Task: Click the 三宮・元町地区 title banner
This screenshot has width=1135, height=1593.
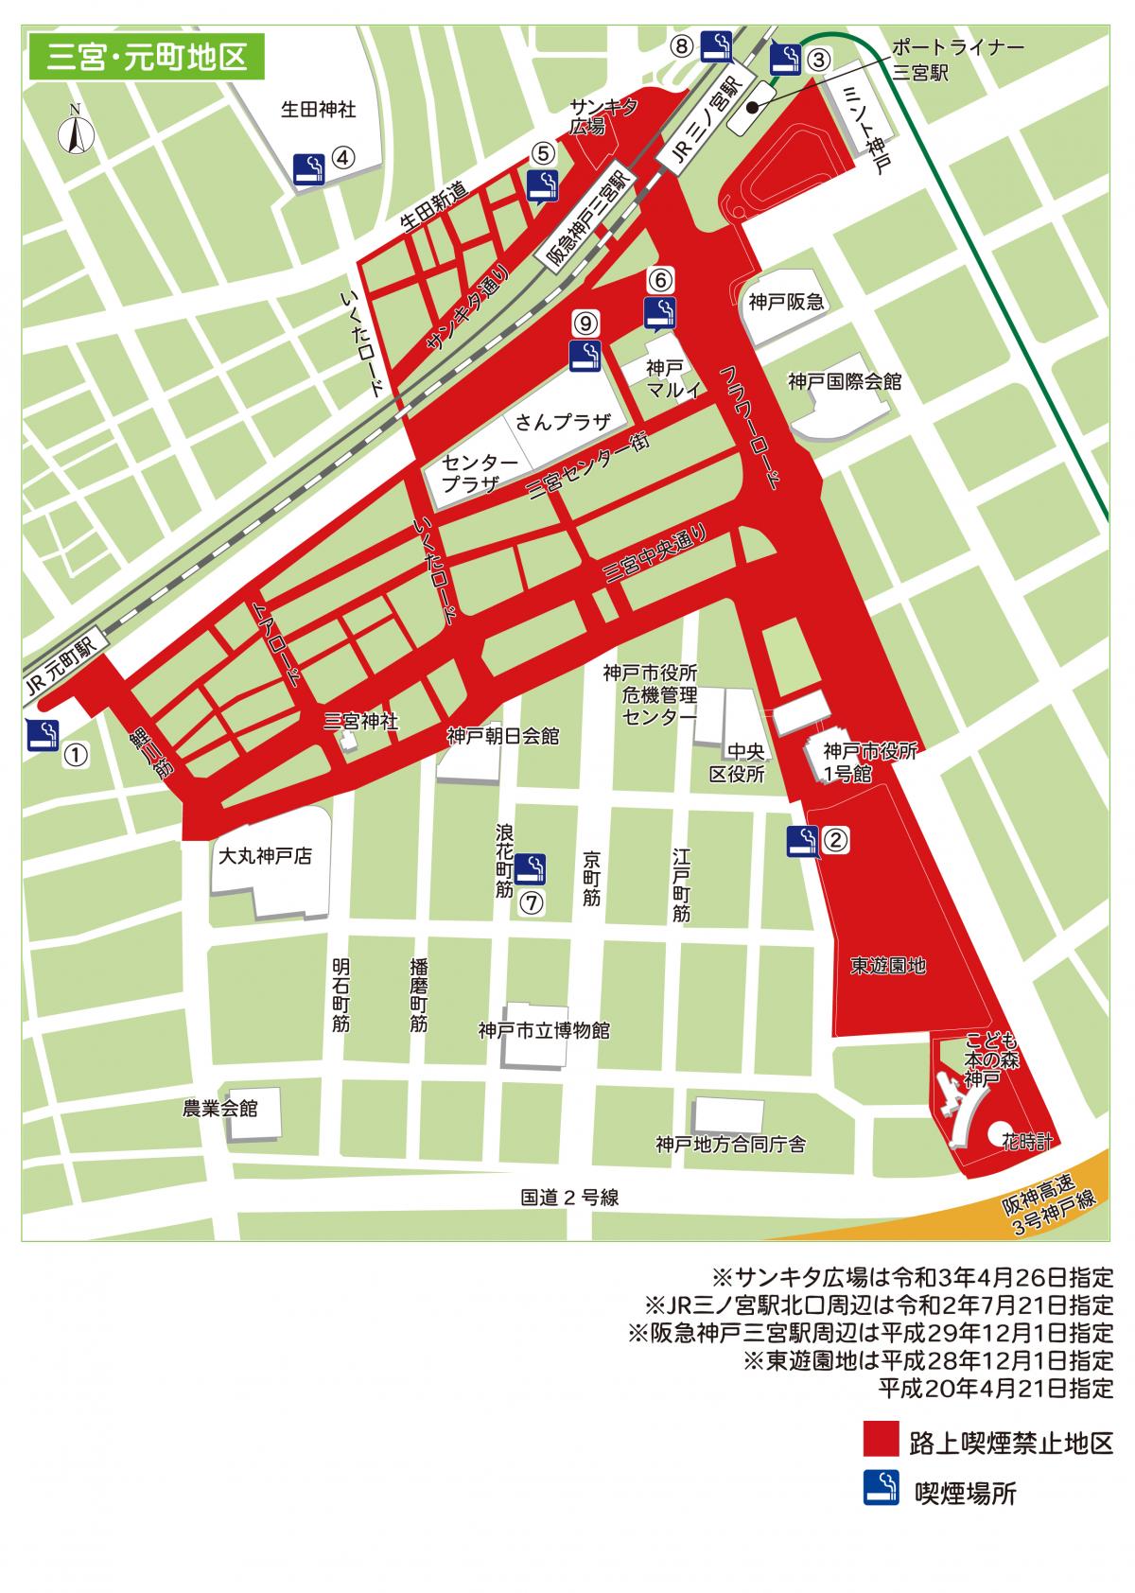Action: coord(148,57)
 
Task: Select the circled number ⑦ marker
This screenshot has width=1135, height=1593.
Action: coord(533,902)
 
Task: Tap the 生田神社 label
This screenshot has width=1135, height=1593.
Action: coord(319,110)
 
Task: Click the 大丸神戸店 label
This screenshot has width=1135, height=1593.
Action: coord(264,857)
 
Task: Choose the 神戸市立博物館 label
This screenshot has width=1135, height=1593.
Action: coord(544,1030)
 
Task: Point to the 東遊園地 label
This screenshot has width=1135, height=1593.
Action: coord(887,966)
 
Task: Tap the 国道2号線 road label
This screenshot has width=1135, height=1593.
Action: coord(569,1197)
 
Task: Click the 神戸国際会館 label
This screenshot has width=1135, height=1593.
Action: coord(845,381)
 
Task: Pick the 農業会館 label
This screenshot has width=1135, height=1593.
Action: coord(219,1108)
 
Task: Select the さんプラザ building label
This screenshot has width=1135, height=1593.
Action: coord(563,422)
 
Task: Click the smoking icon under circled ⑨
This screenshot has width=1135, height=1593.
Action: coord(586,356)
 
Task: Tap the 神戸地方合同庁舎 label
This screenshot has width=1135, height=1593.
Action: coord(730,1145)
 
